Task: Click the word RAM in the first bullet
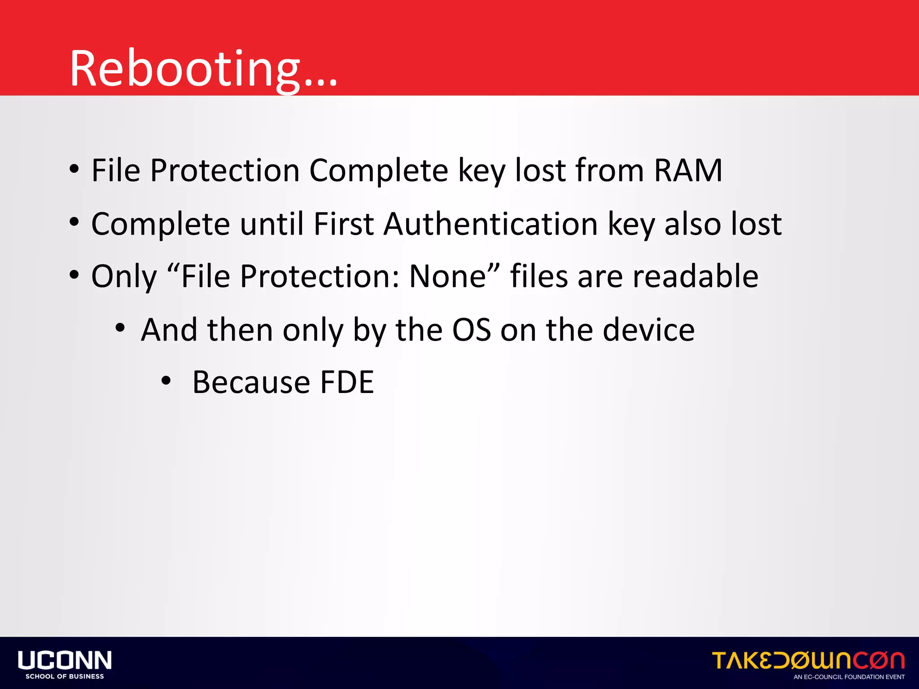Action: [x=688, y=170]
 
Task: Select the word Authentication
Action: [x=490, y=224]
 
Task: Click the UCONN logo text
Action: [x=65, y=660]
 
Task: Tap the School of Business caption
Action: [x=65, y=676]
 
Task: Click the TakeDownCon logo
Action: [x=808, y=661]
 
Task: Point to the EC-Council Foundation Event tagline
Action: [x=849, y=677]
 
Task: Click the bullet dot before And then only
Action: [x=120, y=328]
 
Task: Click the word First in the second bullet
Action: [x=344, y=224]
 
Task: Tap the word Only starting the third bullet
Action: [x=124, y=276]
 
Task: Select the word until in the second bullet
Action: [x=272, y=224]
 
